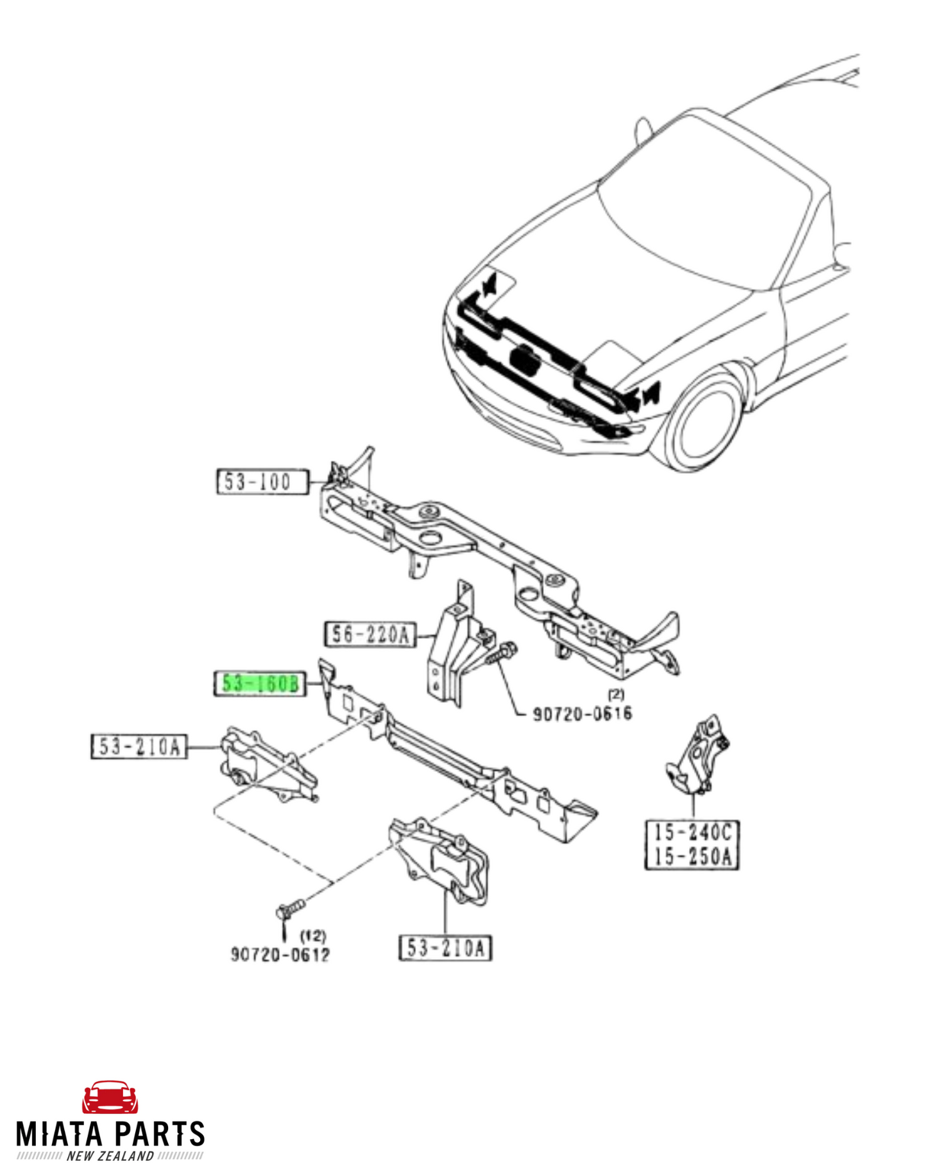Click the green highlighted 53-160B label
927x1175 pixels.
click(x=260, y=684)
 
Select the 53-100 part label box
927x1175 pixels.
click(x=262, y=482)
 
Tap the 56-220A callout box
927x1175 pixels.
click(x=370, y=634)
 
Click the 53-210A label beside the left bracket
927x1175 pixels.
click(x=139, y=747)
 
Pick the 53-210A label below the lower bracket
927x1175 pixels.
click(x=445, y=948)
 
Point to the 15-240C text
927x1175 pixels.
click(x=692, y=833)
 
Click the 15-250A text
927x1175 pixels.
click(x=692, y=857)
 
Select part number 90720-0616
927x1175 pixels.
click(x=582, y=713)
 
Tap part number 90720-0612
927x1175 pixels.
click(x=280, y=955)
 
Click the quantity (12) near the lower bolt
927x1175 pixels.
click(x=313, y=936)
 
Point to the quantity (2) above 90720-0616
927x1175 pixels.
click(x=616, y=693)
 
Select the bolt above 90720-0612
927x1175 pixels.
click(x=290, y=909)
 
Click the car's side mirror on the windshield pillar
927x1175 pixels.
click(x=642, y=130)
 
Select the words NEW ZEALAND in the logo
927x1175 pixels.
click(x=110, y=1156)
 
